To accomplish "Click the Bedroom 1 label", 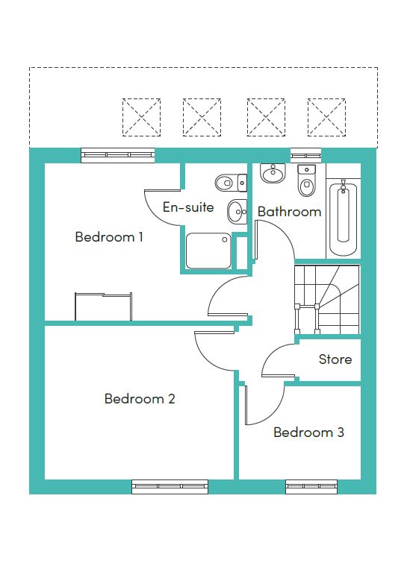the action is point(109,237).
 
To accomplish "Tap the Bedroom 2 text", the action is point(140,398).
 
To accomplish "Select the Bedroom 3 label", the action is point(308,432).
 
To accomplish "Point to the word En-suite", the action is point(188,207).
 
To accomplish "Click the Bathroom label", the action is point(289,212).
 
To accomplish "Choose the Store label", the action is point(335,359).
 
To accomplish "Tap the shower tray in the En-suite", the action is point(208,251).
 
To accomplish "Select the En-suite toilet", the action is point(231,183).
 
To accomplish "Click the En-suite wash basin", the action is point(237,212).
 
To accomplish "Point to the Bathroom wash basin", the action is point(273,174).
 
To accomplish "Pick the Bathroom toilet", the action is point(306,180).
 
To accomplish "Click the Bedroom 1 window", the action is point(118,155).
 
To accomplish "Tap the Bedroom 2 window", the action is point(170,486).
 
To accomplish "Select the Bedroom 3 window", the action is point(311,486).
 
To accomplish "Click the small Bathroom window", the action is point(305,155).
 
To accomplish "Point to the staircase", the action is point(327,300).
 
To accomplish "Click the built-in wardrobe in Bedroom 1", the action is point(103,306).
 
